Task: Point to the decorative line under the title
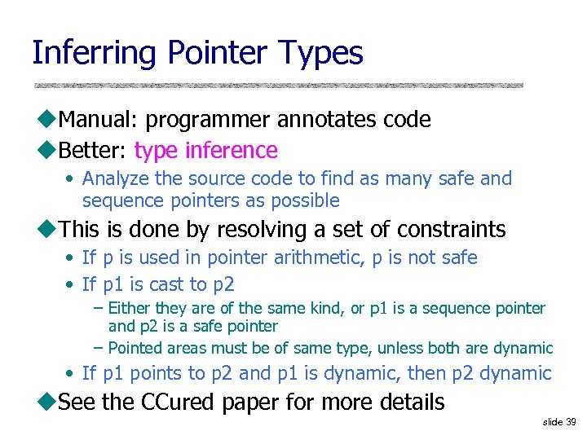coord(277,85)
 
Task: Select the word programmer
coord(209,120)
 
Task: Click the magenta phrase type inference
coord(205,151)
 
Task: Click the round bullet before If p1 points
coord(71,374)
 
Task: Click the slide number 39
coord(570,422)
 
